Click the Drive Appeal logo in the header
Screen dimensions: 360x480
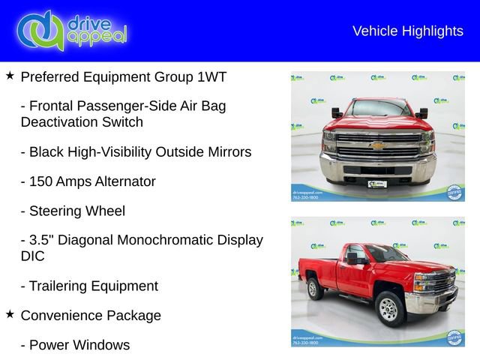(x=72, y=31)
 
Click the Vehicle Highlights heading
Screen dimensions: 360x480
(x=407, y=31)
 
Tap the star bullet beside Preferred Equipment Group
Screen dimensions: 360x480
(x=10, y=76)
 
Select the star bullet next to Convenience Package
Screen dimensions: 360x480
(x=10, y=314)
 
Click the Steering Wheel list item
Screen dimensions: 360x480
(x=73, y=211)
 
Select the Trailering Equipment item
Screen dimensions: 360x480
(x=89, y=286)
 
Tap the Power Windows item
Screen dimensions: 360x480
(x=75, y=345)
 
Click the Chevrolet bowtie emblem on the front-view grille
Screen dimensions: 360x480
(x=378, y=145)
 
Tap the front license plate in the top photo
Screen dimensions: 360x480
(x=378, y=182)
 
